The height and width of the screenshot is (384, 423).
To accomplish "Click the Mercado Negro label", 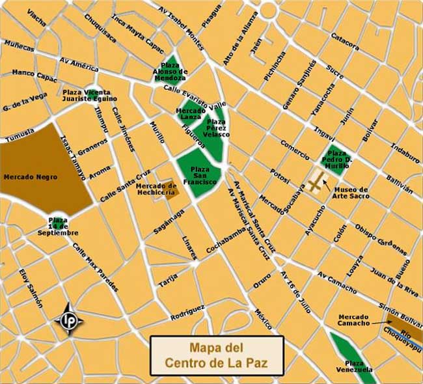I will [31, 176].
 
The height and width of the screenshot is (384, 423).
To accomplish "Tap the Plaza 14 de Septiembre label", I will [58, 226].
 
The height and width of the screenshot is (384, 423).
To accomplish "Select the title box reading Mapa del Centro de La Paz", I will [217, 355].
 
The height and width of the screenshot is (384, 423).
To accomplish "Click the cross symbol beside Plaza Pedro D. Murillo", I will [316, 185].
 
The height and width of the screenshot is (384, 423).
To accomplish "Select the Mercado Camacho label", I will [354, 320].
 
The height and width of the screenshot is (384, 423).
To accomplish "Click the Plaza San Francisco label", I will [200, 175].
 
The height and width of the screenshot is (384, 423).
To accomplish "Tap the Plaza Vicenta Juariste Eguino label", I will [90, 96].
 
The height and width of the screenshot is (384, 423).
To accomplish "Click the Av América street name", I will [77, 62].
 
